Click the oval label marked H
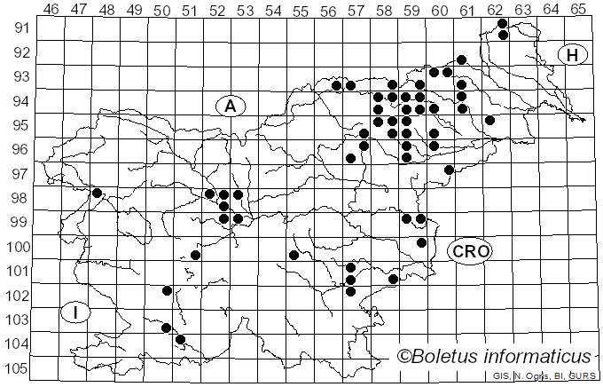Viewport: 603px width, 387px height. (573, 55)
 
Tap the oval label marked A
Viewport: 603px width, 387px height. (230, 106)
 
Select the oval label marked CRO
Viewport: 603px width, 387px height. (469, 251)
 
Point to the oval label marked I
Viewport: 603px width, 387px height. (77, 312)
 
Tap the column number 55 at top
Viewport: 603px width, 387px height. (300, 9)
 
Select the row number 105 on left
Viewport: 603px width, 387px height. (17, 368)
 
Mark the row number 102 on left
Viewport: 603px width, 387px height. (17, 295)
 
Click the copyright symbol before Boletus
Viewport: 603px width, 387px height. (404, 357)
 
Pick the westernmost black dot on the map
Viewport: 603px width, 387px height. (97, 193)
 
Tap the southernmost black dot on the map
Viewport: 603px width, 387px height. (180, 339)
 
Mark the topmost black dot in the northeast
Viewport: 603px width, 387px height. (503, 23)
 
